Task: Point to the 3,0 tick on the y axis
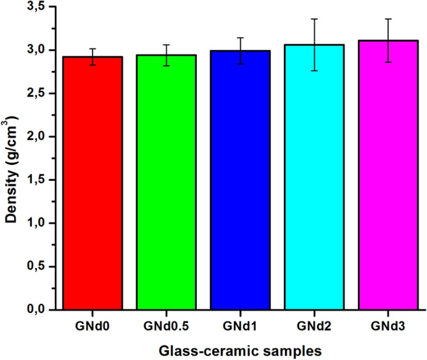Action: point(40,50)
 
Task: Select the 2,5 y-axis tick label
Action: point(40,93)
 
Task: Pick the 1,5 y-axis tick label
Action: point(40,180)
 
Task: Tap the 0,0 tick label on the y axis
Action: point(40,310)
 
